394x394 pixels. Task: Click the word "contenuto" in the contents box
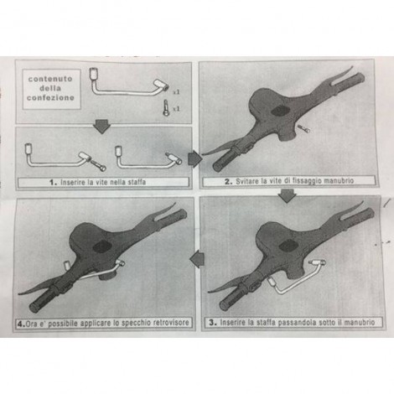[x=50, y=79]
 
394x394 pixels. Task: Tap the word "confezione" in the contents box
[x=50, y=98]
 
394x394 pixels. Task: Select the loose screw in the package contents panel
[x=166, y=108]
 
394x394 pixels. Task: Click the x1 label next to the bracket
[x=176, y=91]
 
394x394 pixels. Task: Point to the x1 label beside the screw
[x=176, y=108]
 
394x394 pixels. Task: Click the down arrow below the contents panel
[x=102, y=127]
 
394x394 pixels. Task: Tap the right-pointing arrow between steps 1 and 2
[x=195, y=158]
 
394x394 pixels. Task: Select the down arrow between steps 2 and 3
[x=288, y=195]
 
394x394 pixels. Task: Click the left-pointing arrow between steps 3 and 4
[x=197, y=259]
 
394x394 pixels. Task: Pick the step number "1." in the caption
[x=53, y=183]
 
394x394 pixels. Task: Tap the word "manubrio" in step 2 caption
[x=340, y=180]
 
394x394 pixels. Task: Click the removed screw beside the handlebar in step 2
[x=303, y=128]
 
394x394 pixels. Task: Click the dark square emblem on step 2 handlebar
[x=281, y=111]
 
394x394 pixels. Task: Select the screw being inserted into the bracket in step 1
[x=98, y=164]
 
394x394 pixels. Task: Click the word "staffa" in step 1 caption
[x=137, y=182]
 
